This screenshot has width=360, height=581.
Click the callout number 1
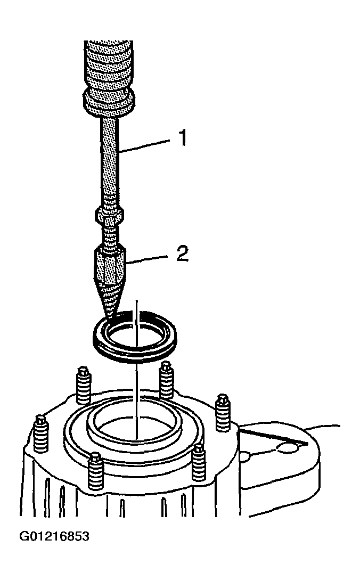(182, 137)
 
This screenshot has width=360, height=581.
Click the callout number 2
(183, 254)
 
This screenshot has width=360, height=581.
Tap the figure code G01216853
(54, 537)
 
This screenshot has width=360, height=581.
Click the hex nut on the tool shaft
(110, 215)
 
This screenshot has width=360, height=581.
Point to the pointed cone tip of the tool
(111, 301)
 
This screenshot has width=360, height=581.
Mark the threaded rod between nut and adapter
(110, 235)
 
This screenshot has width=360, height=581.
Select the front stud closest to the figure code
(95, 471)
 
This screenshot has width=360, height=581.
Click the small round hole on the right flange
(288, 448)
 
